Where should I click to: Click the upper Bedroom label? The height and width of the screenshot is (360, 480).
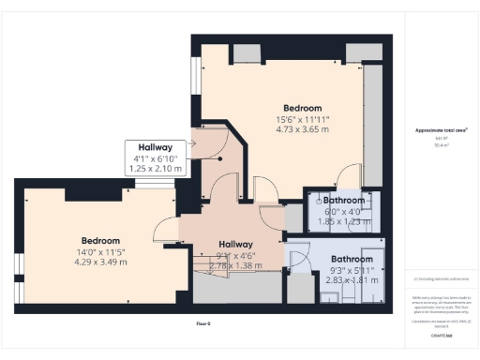(303, 108)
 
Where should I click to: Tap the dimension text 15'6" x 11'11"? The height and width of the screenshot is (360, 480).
(303, 119)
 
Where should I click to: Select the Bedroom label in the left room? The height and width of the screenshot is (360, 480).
(99, 239)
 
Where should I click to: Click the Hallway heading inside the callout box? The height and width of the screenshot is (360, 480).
(155, 148)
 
